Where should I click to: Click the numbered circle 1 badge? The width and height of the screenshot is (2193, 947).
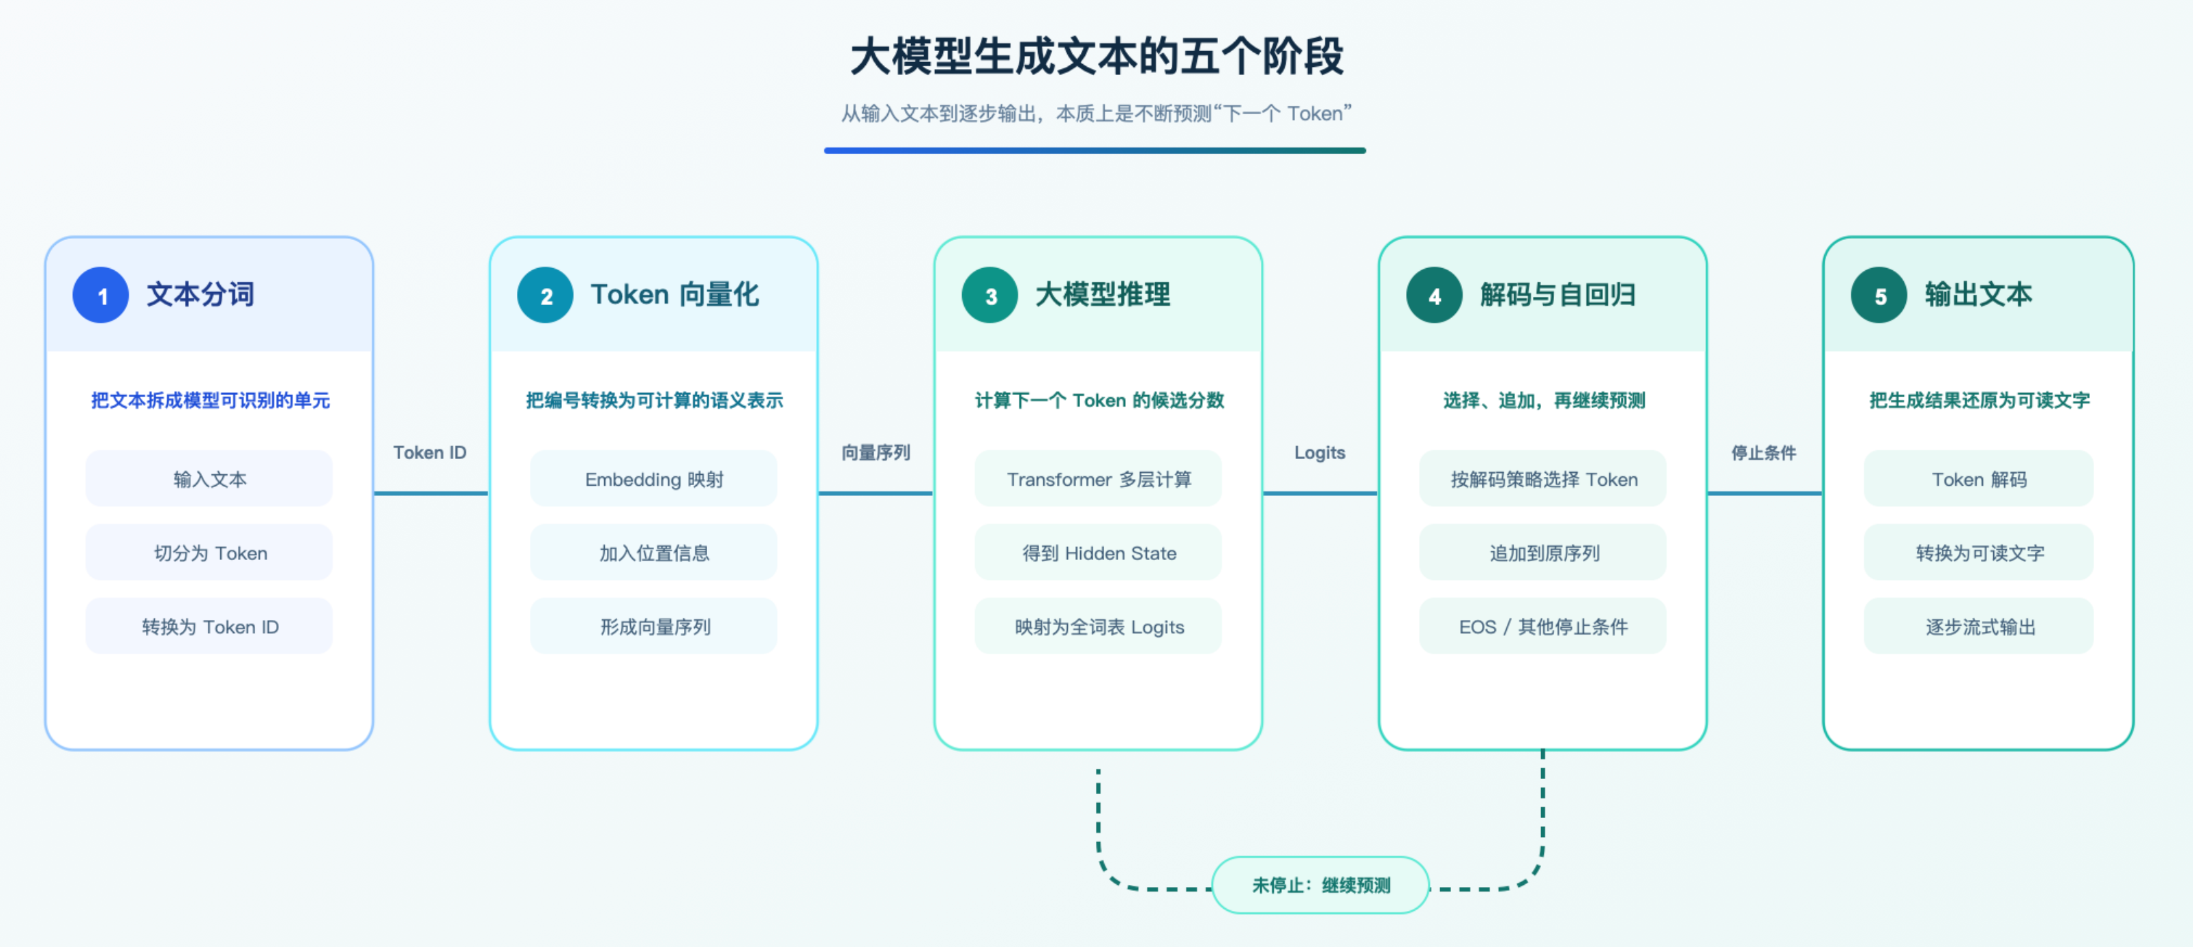click(x=100, y=295)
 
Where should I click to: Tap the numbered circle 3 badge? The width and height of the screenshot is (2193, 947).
click(x=989, y=295)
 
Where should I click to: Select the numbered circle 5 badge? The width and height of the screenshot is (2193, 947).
click(x=1879, y=295)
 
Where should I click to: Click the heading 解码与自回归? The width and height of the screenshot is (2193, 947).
click(x=1557, y=295)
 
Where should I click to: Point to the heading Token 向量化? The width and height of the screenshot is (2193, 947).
click(x=674, y=295)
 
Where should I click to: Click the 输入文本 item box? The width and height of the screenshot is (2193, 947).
click(x=209, y=478)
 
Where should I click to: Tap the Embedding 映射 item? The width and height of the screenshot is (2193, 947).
click(x=654, y=478)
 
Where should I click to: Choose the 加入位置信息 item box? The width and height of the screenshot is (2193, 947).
click(x=654, y=553)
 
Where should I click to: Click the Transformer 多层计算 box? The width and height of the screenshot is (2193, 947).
click(x=1098, y=478)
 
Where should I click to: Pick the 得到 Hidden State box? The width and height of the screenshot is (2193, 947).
click(x=1098, y=553)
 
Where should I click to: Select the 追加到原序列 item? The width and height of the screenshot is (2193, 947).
click(x=1542, y=553)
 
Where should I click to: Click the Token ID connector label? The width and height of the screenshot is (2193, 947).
click(x=430, y=452)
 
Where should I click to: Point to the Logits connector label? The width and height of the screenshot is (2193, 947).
click(x=1319, y=452)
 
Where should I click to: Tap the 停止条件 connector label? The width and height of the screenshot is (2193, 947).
click(x=1764, y=452)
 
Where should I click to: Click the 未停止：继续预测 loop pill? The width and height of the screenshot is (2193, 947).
click(x=1320, y=885)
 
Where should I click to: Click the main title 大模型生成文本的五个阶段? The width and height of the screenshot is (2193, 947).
click(x=1096, y=56)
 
